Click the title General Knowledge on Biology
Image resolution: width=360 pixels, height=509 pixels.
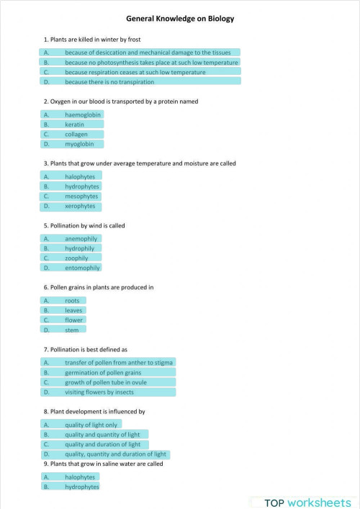pos(180,19)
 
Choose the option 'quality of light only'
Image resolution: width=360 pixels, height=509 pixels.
pos(91,425)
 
